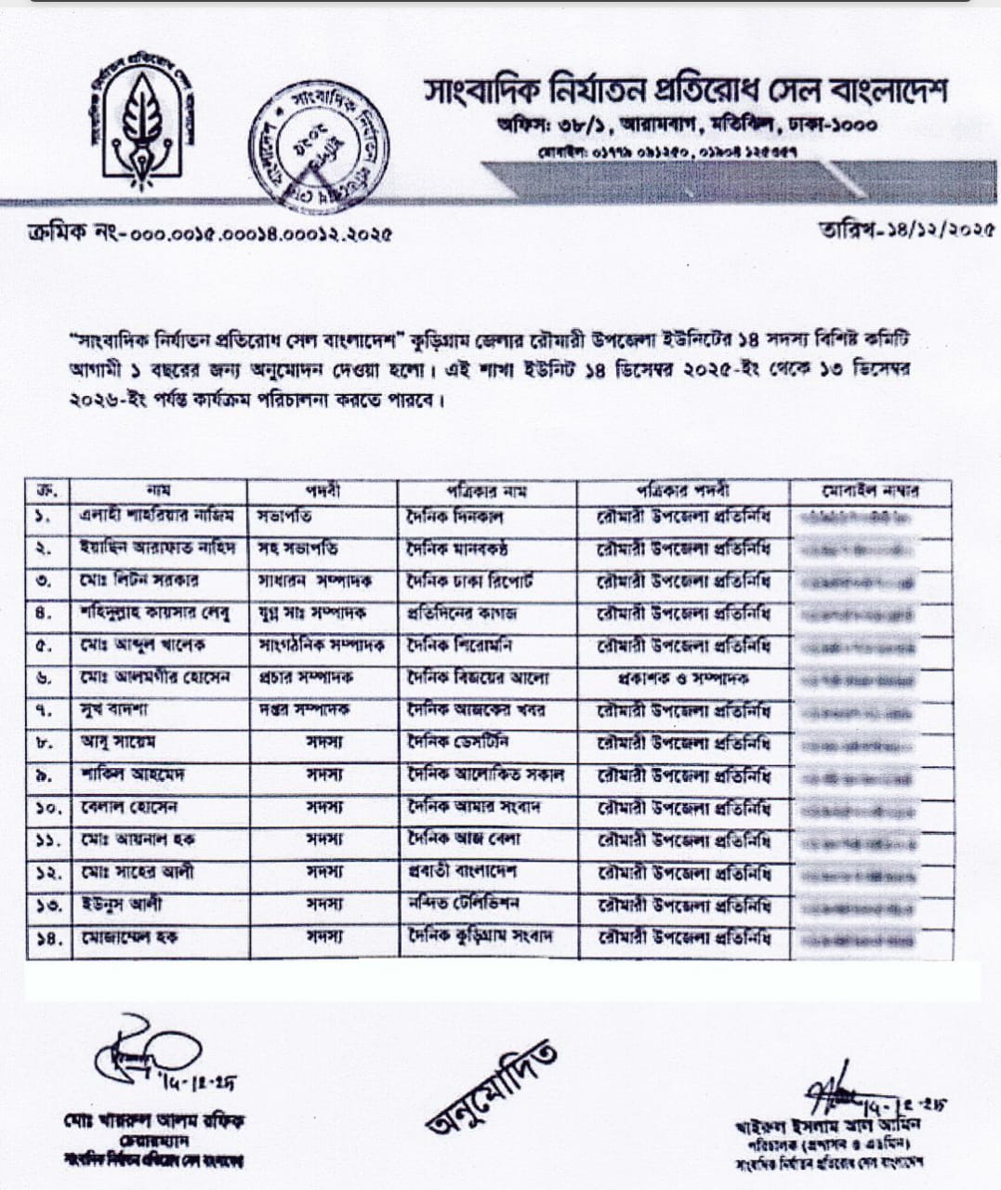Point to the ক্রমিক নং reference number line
[209, 233]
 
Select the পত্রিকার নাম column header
[487, 490]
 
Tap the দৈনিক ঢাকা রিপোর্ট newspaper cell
[472, 580]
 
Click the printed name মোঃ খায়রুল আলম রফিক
[154, 1120]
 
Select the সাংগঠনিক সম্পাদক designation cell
[323, 646]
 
